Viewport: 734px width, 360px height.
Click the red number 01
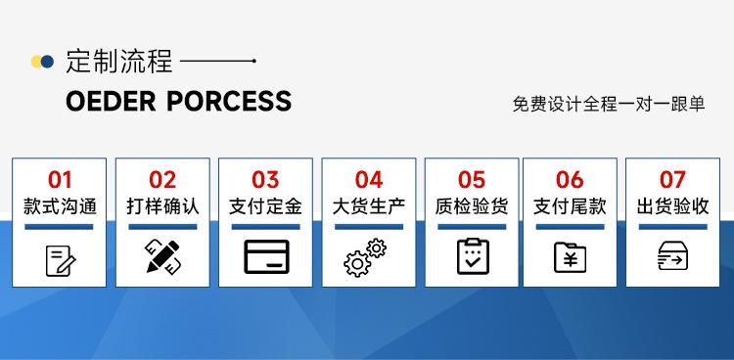(60, 180)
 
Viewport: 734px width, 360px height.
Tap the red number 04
(369, 180)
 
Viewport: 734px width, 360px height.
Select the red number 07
(672, 180)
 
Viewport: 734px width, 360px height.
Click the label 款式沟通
(60, 206)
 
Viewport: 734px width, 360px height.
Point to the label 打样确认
(162, 206)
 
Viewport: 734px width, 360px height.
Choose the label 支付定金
(265, 206)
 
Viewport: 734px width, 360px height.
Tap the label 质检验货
(472, 206)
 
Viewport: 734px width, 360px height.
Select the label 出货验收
(672, 206)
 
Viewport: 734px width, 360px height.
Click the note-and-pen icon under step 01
(61, 261)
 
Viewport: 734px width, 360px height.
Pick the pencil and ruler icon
(162, 256)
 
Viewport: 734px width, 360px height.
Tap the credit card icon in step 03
(266, 256)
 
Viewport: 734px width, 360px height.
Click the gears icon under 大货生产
(365, 257)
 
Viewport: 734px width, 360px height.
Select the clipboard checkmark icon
(473, 256)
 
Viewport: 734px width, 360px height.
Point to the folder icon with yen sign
(570, 257)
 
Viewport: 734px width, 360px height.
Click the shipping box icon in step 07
(672, 256)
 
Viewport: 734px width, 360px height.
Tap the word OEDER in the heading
(111, 101)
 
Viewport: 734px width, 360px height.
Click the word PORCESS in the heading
(229, 101)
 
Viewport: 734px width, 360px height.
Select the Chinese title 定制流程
(119, 62)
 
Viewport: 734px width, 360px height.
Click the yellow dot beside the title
(36, 62)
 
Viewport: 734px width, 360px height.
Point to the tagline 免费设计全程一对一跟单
(609, 104)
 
